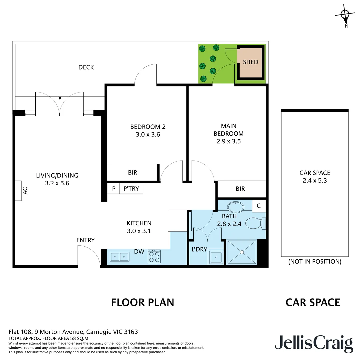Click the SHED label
coord(251,62)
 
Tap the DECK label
coord(86,67)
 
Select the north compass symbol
coord(345,14)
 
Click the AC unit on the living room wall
coord(18,191)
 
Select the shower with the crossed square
coord(242,252)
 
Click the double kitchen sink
coord(120,257)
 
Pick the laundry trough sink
coord(216,258)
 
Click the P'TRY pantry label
coord(131,189)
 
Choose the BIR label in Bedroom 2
coord(132,173)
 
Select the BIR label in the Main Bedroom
coord(240,189)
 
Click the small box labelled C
coord(259,206)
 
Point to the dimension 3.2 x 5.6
coord(57,183)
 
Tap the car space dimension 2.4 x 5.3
coord(315,180)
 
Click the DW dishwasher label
coord(139,252)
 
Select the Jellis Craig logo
coord(314,343)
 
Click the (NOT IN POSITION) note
coord(315,262)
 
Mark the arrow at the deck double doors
coord(60,97)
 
